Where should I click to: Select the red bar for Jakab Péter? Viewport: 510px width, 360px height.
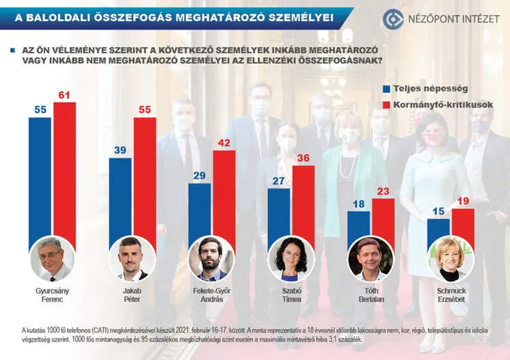pyautogui.click(x=144, y=178)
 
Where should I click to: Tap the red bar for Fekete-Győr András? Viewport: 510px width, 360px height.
pyautogui.click(x=224, y=195)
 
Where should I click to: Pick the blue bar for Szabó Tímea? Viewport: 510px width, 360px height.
pyautogui.click(x=279, y=212)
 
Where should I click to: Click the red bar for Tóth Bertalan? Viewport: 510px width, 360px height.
pyautogui.click(x=383, y=219)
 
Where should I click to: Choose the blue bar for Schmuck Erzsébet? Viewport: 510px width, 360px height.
pyautogui.click(x=438, y=229)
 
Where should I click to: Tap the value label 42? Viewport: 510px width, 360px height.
pyautogui.click(x=224, y=143)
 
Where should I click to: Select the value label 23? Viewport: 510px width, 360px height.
pyautogui.click(x=383, y=191)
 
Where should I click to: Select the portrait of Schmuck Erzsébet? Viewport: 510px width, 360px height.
pyautogui.click(x=451, y=259)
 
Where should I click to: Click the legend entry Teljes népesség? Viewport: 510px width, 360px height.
pyautogui.click(x=420, y=89)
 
